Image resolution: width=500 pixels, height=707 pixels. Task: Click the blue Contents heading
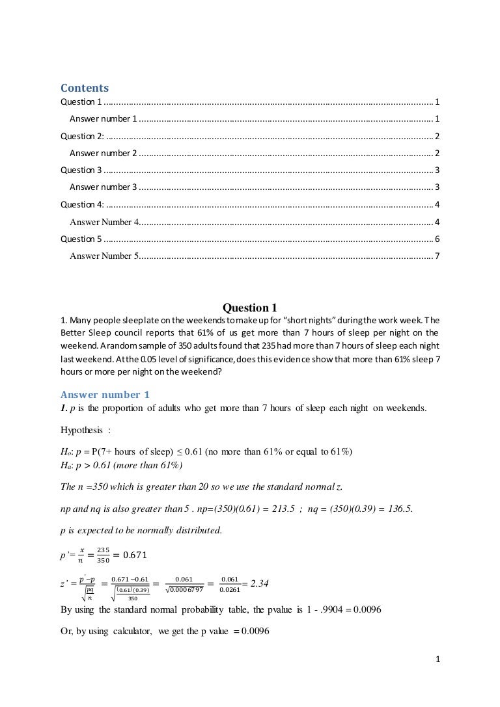tap(85, 88)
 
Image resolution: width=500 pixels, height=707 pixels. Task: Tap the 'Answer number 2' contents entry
tap(103, 153)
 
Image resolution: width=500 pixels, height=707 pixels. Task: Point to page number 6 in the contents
tap(437, 239)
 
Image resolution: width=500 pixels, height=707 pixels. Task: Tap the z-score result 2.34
tap(260, 583)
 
